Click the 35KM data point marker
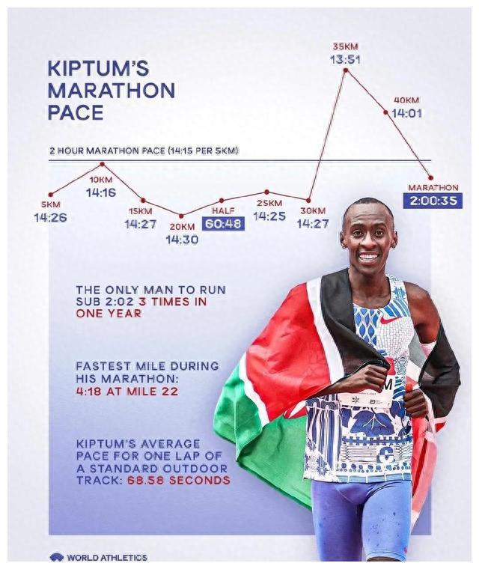point(345,71)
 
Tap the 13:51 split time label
point(345,58)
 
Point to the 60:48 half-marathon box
point(224,223)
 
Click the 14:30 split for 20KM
point(182,240)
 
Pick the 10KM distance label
point(101,180)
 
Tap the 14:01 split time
point(407,113)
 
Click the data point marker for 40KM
point(386,112)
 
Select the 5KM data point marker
point(51,195)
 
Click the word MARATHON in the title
point(111,91)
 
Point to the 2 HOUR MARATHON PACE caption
point(144,150)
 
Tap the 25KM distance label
point(269,203)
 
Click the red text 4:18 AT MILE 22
point(126,391)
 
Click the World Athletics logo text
point(106,557)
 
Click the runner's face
point(368,240)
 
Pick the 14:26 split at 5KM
point(50,218)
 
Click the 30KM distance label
point(313,210)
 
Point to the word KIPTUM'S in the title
point(98,68)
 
